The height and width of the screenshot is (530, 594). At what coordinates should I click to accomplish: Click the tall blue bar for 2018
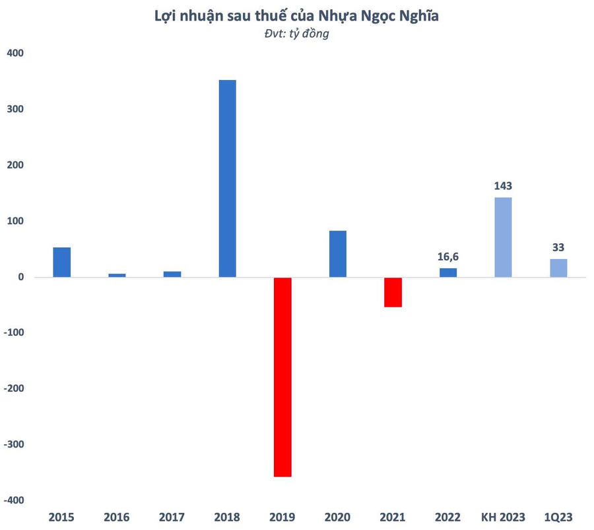pyautogui.click(x=227, y=178)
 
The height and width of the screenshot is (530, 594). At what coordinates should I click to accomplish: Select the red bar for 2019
pyautogui.click(x=282, y=377)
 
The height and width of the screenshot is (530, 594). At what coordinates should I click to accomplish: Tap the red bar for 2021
pyautogui.click(x=393, y=292)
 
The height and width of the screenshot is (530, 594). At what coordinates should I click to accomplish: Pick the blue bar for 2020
pyautogui.click(x=337, y=254)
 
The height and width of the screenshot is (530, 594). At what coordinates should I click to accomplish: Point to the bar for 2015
pyautogui.click(x=62, y=262)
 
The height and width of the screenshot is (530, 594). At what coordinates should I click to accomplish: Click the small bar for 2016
pyautogui.click(x=117, y=275)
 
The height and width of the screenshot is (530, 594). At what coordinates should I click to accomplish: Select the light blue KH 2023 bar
pyautogui.click(x=503, y=237)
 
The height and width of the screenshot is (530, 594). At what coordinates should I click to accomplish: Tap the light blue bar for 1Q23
pyautogui.click(x=558, y=268)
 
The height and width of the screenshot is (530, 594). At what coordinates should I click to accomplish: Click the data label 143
pyautogui.click(x=503, y=186)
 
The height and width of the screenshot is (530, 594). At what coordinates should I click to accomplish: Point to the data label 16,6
pyautogui.click(x=448, y=256)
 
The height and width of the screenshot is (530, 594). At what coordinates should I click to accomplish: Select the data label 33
pyautogui.click(x=558, y=247)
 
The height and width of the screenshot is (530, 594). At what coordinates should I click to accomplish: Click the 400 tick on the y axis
pyautogui.click(x=15, y=53)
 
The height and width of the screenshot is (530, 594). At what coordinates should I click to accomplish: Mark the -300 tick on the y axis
pyautogui.click(x=13, y=445)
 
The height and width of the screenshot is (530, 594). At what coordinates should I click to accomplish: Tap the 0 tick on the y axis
pyautogui.click(x=21, y=277)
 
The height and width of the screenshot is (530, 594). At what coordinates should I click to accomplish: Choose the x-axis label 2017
pyautogui.click(x=172, y=517)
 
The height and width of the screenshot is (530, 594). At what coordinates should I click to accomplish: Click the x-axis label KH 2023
pyautogui.click(x=503, y=517)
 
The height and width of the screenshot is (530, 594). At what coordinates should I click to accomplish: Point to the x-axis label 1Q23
pyautogui.click(x=558, y=517)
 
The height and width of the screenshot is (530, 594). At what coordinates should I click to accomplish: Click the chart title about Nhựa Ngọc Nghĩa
pyautogui.click(x=296, y=16)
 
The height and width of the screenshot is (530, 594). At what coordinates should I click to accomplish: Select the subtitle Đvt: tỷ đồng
pyautogui.click(x=296, y=34)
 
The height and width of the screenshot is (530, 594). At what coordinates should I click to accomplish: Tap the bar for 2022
pyautogui.click(x=448, y=272)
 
